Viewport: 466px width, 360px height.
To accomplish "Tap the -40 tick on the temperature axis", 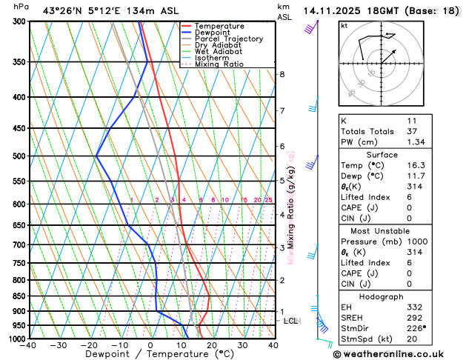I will pos(29,345).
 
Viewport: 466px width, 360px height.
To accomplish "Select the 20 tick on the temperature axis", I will pos(212,345).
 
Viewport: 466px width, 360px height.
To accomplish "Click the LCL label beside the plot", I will pos(291,321).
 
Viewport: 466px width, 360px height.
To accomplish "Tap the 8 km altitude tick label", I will pos(282,74).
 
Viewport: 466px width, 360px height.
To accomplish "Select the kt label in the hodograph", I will pos(344,26).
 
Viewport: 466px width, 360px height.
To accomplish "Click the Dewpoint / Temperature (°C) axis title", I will pos(151,355).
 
